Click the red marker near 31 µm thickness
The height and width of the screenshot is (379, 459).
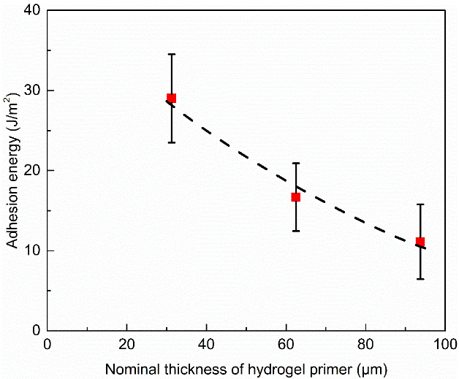(171, 98)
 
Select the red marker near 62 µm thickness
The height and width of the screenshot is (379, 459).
(295, 197)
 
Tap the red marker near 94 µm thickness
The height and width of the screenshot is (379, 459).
(420, 242)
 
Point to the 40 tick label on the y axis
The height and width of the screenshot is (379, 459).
(31, 11)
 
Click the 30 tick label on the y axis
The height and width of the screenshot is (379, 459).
(31, 91)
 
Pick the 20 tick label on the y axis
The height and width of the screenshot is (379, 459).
(31, 170)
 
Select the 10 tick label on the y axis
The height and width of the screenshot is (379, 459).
(31, 250)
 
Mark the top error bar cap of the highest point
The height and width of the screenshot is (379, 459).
(171, 54)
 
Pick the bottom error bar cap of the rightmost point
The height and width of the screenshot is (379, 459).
(420, 279)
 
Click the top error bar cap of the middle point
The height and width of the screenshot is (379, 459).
(295, 163)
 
